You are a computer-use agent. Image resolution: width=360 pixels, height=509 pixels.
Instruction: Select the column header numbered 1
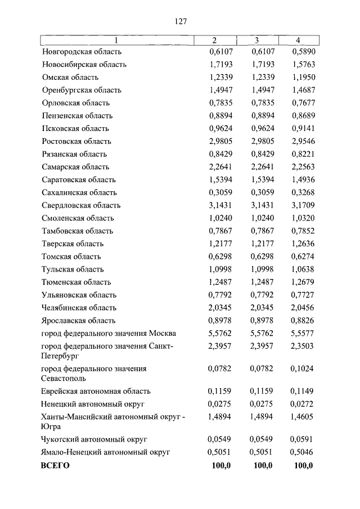click(116, 40)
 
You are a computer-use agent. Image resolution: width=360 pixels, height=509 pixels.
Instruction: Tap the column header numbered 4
click(298, 40)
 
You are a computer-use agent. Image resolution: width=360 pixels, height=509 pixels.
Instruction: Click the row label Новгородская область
click(82, 52)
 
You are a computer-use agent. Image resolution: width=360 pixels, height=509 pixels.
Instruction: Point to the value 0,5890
click(303, 52)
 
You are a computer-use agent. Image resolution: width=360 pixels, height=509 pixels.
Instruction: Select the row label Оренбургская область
click(82, 90)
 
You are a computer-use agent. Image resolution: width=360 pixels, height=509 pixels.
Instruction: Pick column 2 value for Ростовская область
click(217, 141)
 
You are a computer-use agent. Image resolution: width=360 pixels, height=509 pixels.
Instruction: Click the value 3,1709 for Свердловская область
click(303, 205)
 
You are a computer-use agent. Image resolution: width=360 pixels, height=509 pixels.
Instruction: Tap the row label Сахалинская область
click(79, 192)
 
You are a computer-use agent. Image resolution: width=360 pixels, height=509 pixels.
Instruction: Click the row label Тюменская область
click(76, 282)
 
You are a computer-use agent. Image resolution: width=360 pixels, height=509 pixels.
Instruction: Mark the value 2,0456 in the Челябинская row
click(303, 308)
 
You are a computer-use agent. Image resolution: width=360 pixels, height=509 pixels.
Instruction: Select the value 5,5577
click(303, 334)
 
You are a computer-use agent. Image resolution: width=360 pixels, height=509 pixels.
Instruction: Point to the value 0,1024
click(303, 369)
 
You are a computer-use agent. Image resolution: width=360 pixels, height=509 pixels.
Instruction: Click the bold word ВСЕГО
click(55, 465)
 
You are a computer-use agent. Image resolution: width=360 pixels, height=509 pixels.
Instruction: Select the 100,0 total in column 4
click(303, 465)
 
